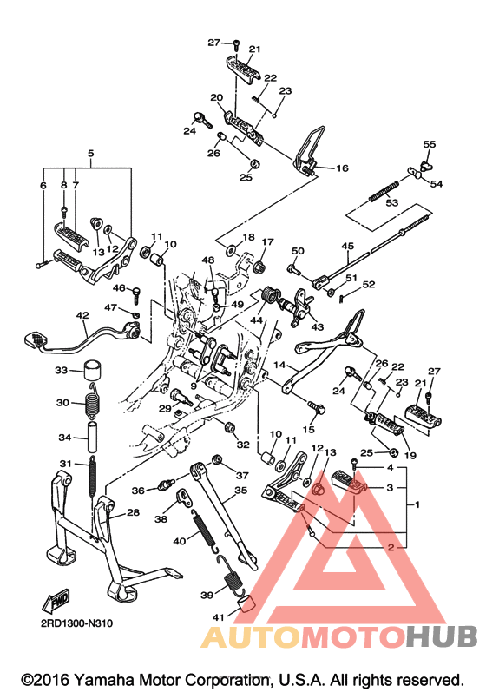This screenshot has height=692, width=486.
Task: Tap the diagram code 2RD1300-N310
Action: [76, 623]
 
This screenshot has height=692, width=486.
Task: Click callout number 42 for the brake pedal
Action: [82, 315]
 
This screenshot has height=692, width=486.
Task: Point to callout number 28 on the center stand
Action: [133, 512]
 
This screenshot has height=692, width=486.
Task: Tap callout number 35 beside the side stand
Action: [240, 491]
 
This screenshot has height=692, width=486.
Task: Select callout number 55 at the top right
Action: [429, 144]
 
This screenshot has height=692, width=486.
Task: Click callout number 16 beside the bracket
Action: [342, 168]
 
